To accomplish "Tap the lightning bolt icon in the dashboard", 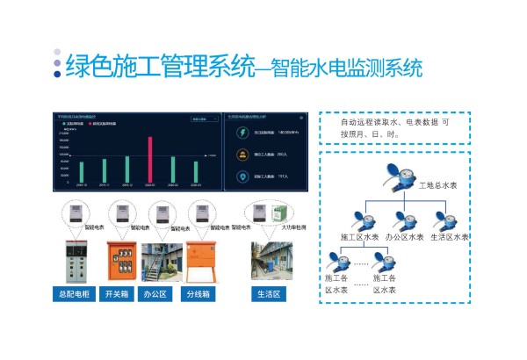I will click(242, 133).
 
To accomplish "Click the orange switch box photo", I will click(118, 261).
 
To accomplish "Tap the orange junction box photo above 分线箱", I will click(201, 261).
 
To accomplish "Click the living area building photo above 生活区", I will click(270, 261).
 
